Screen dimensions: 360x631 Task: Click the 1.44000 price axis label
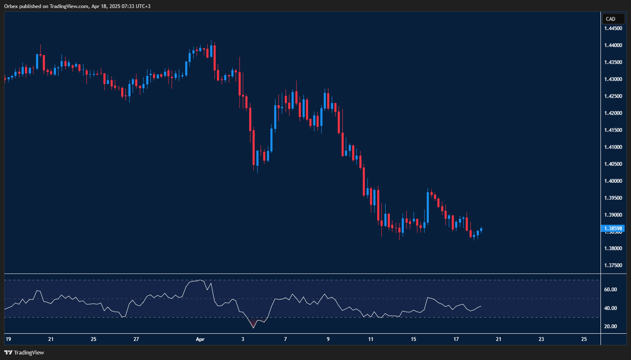click(x=613, y=45)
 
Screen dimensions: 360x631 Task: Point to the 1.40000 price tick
click(x=613, y=181)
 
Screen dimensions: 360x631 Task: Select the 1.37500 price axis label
click(x=613, y=265)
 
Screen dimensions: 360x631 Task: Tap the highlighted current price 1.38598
click(x=613, y=229)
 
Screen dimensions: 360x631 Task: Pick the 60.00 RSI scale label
click(x=610, y=290)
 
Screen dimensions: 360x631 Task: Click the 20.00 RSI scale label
click(x=610, y=327)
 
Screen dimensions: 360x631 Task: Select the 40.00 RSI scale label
click(x=610, y=308)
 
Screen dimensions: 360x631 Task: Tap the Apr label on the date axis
click(x=200, y=339)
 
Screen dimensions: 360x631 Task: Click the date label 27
click(x=136, y=339)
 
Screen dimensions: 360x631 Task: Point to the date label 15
click(x=414, y=339)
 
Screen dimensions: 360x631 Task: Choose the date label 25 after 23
click(x=584, y=339)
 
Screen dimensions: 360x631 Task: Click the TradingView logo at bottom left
click(x=24, y=352)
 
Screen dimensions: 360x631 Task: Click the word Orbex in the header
click(x=11, y=6)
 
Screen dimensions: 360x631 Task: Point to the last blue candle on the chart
click(x=481, y=230)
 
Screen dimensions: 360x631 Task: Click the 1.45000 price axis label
click(x=613, y=28)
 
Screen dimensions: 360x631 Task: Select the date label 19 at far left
click(x=8, y=339)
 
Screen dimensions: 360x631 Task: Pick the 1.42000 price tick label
click(x=613, y=113)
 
